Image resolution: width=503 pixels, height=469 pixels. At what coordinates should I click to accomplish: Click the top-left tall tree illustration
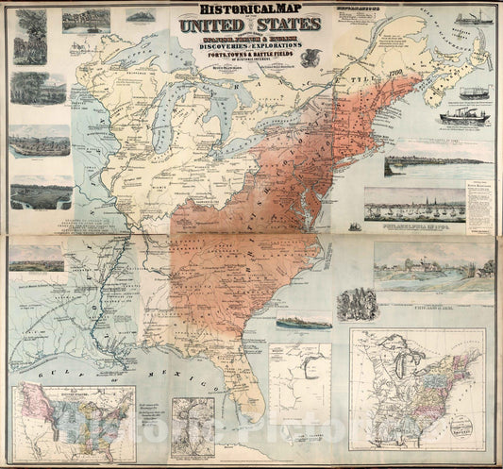click(x=29, y=38)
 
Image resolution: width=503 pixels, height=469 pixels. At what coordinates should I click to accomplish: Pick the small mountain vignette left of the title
click(x=139, y=16)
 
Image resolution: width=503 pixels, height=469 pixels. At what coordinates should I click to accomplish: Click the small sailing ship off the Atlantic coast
click(x=355, y=226)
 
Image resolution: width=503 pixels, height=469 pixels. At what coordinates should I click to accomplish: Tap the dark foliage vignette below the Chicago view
click(x=357, y=304)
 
